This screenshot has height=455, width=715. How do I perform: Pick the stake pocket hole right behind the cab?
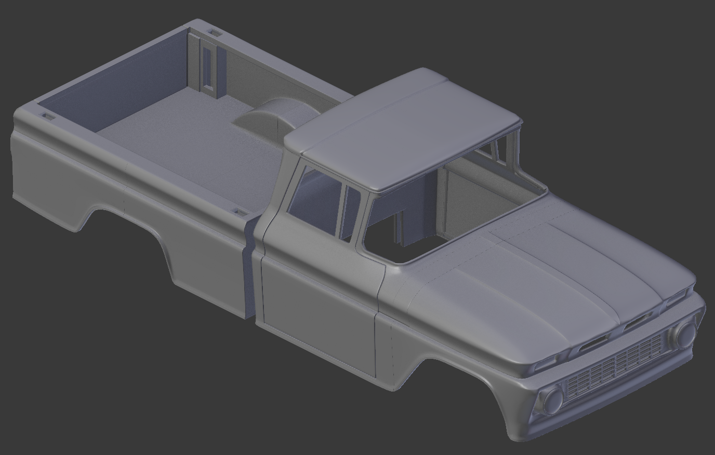point(240,213)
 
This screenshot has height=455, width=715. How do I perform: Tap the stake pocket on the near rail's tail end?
point(47,116)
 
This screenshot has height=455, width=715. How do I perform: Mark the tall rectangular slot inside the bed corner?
point(208,65)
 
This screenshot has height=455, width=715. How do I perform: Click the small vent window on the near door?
point(352,213)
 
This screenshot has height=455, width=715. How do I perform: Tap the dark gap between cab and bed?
point(249,270)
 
